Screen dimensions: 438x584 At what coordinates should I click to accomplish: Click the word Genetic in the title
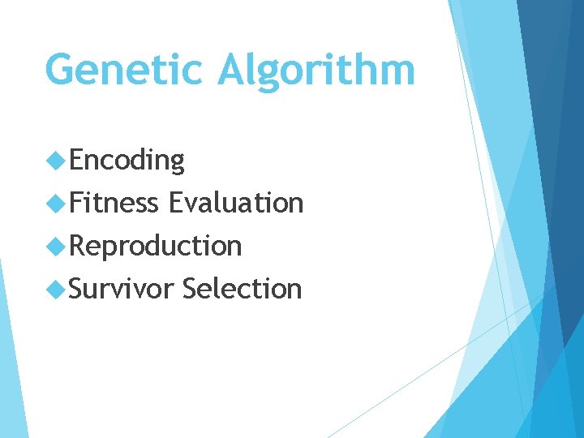125,70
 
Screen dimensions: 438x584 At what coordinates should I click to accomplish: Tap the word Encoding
127,161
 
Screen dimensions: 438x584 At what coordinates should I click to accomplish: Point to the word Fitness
114,202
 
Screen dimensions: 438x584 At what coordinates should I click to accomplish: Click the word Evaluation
235,202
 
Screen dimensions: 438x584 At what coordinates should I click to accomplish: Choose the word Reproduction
156,245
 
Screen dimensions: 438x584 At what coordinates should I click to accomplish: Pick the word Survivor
121,288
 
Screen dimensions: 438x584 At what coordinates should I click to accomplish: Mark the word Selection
242,288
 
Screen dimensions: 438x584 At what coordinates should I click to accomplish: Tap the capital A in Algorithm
235,70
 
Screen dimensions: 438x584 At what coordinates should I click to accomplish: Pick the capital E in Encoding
77,160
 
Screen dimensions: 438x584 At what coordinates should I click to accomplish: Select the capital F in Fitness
77,202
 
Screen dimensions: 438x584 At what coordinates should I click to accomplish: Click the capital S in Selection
191,288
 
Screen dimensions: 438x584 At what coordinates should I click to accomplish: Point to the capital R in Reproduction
78,245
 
